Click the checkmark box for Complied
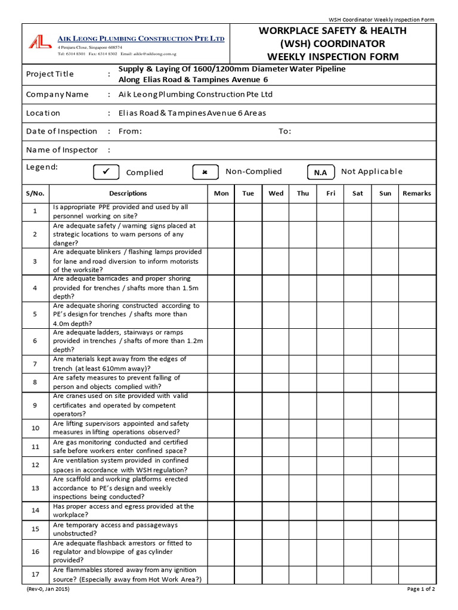click(x=107, y=172)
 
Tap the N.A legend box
click(x=320, y=172)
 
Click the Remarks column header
click(x=417, y=193)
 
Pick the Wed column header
click(x=276, y=193)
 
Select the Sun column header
click(x=385, y=193)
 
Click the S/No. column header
click(x=35, y=193)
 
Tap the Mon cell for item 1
click(x=221, y=211)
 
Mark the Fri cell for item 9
click(x=330, y=405)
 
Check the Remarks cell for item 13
click(x=417, y=488)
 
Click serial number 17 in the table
click(x=35, y=575)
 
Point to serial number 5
click(x=35, y=314)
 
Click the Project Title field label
click(x=50, y=74)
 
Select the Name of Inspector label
click(x=61, y=150)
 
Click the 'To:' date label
click(x=284, y=131)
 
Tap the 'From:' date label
click(x=130, y=131)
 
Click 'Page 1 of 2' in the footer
click(x=421, y=589)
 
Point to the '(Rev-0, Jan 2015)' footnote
click(x=48, y=589)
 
